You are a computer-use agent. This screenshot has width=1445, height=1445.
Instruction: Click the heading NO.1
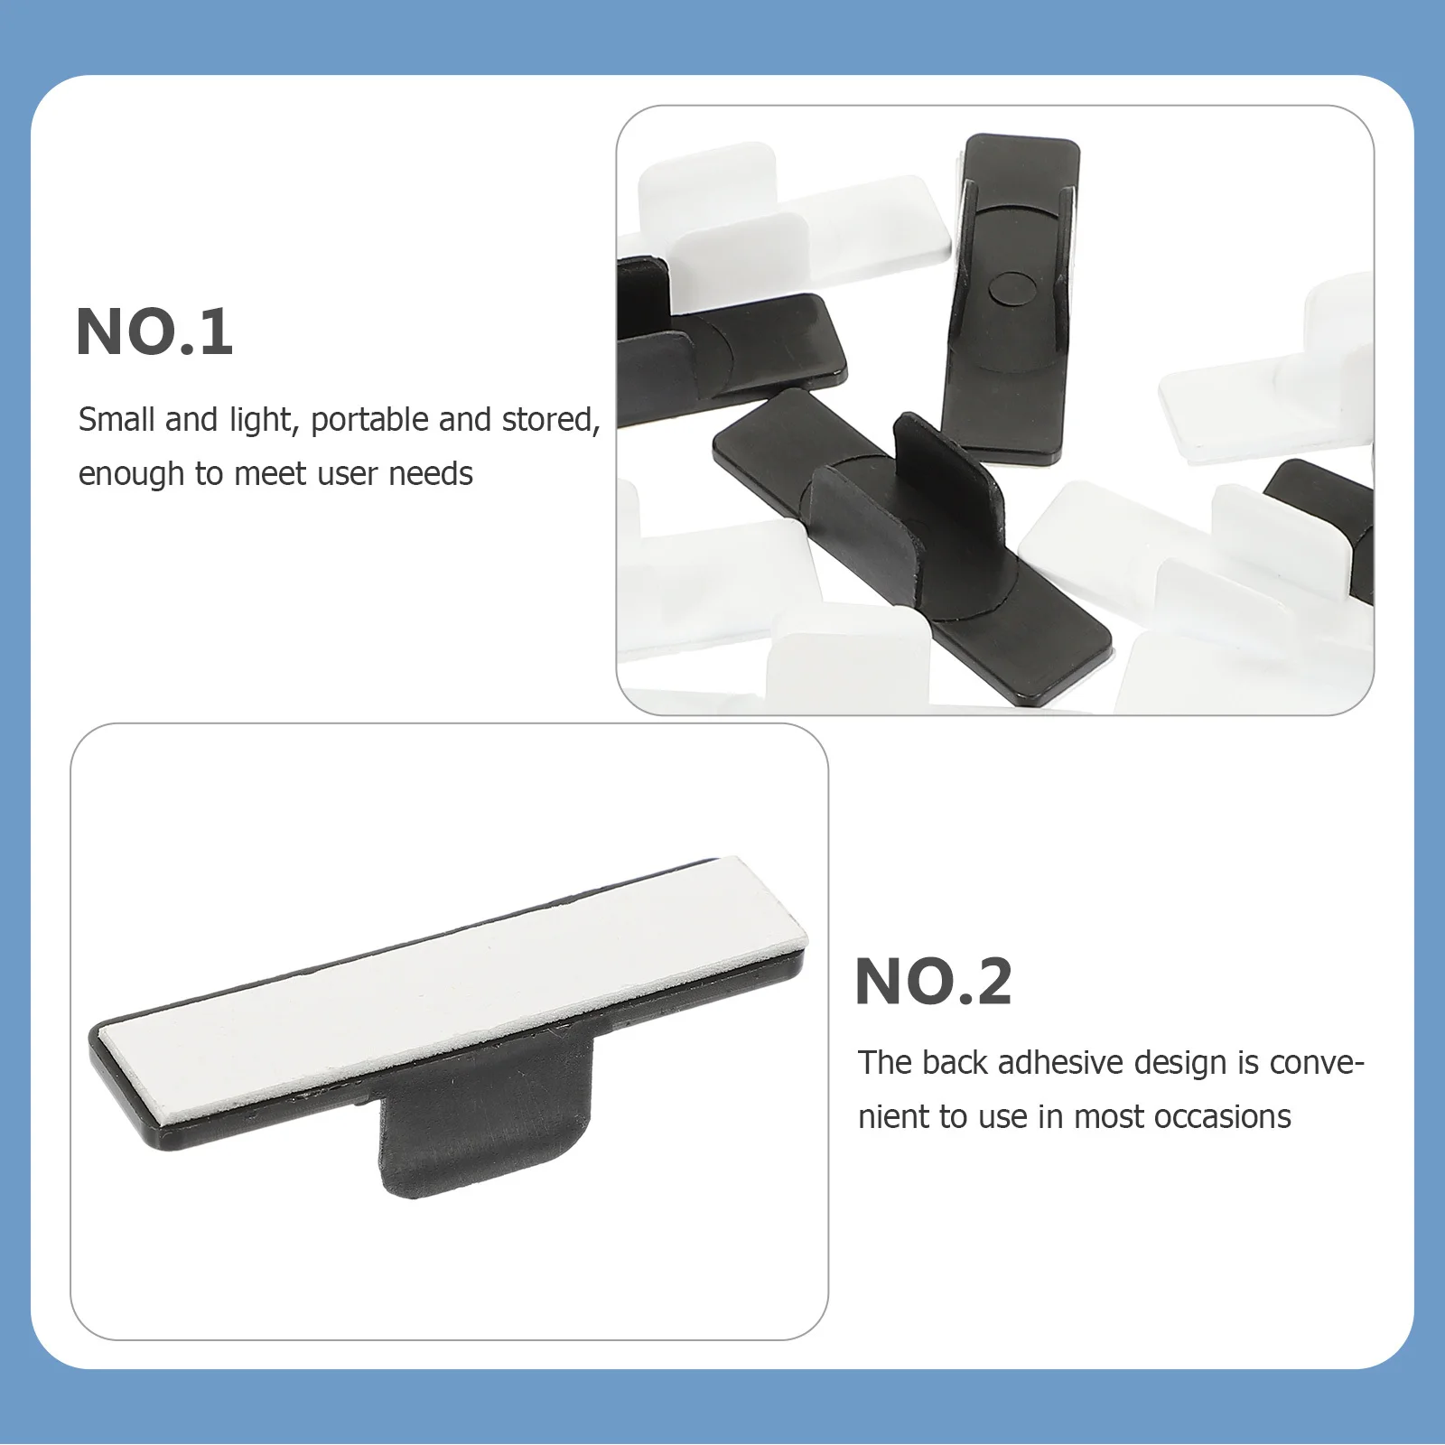(154, 332)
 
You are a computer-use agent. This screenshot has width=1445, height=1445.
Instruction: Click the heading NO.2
(933, 982)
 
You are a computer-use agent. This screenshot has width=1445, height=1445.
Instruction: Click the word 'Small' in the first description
(116, 420)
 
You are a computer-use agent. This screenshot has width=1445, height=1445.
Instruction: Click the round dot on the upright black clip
(1010, 287)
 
